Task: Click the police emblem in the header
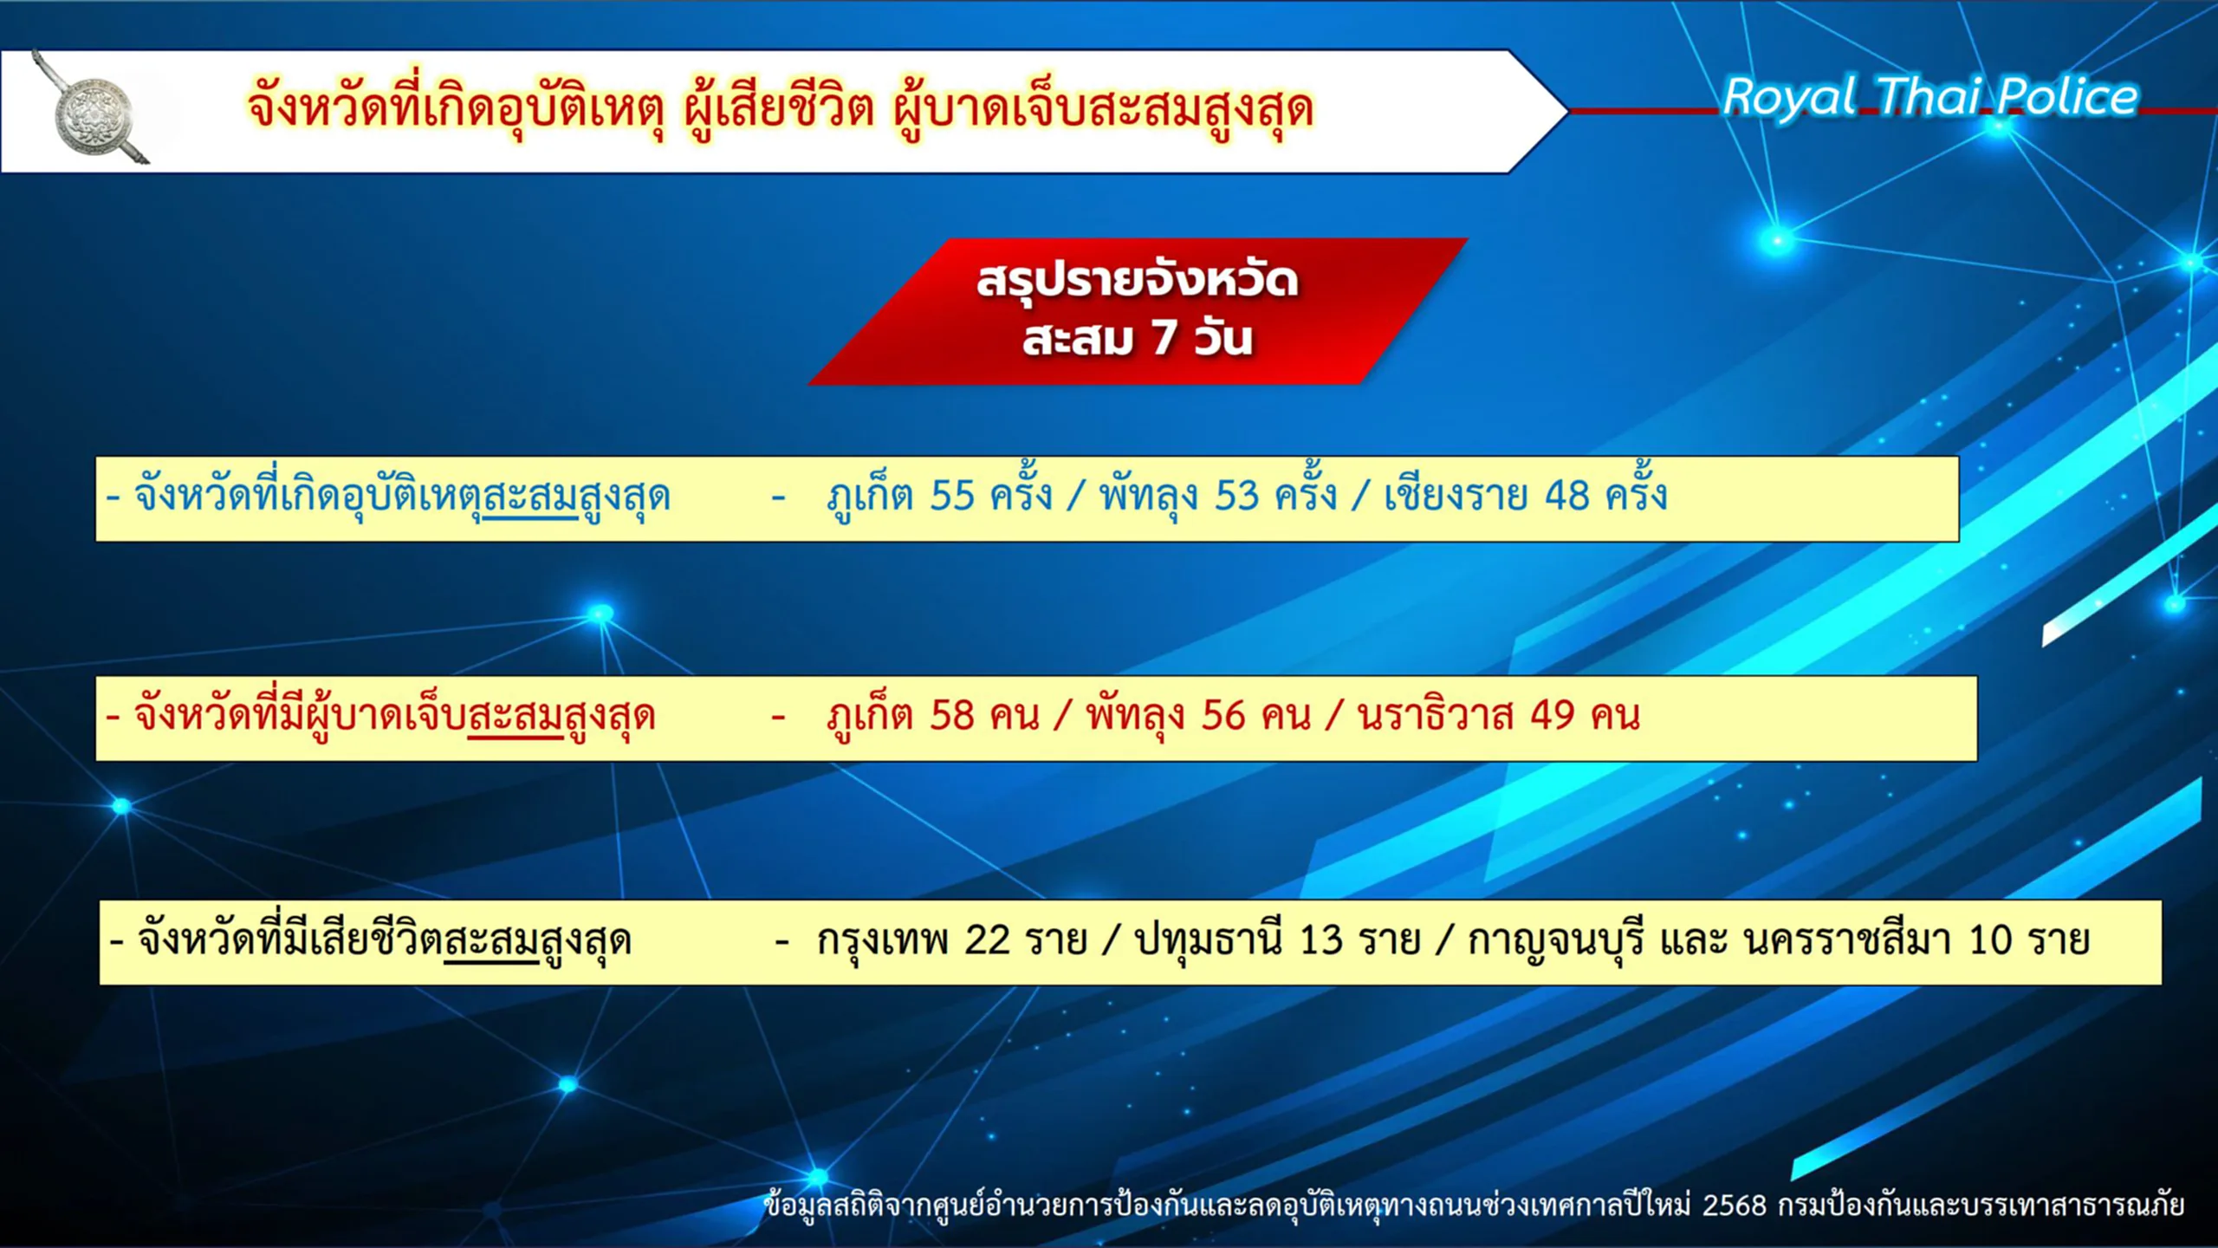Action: click(x=93, y=111)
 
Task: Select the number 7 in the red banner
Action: click(x=1164, y=337)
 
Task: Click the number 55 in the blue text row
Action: click(x=952, y=496)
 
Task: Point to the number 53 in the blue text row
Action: click(x=1237, y=496)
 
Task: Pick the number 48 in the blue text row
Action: click(x=1567, y=496)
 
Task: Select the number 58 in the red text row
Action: click(x=952, y=716)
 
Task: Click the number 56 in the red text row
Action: click(x=1223, y=716)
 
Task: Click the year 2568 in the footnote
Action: click(x=1735, y=1206)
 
